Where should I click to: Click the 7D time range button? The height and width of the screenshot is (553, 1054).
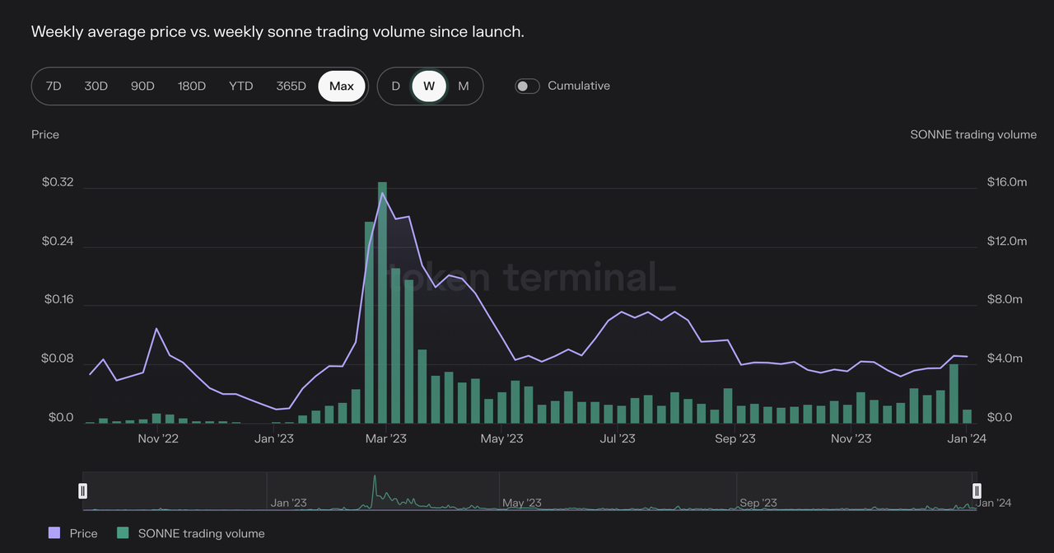click(54, 86)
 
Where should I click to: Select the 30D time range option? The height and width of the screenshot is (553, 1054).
click(96, 86)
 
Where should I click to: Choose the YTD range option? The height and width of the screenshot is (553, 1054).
click(240, 86)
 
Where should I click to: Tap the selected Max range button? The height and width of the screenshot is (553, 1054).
click(342, 86)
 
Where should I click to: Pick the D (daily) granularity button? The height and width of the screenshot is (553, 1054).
click(395, 86)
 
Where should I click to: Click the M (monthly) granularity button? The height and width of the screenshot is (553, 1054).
click(464, 86)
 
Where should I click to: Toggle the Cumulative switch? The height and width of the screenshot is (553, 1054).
click(527, 86)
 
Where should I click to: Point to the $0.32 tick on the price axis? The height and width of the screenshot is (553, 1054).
click(58, 182)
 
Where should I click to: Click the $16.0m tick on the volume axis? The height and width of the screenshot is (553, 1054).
click(1007, 182)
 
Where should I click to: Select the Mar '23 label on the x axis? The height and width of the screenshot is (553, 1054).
click(386, 438)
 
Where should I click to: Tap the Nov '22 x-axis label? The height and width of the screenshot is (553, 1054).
click(158, 438)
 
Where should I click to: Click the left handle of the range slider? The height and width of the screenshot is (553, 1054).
click(82, 491)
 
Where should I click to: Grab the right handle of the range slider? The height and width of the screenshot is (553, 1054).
click(977, 491)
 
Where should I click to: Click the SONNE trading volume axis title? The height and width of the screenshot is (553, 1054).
click(973, 134)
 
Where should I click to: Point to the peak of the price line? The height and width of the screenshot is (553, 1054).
click(382, 194)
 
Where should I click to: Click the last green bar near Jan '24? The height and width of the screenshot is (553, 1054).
click(968, 416)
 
